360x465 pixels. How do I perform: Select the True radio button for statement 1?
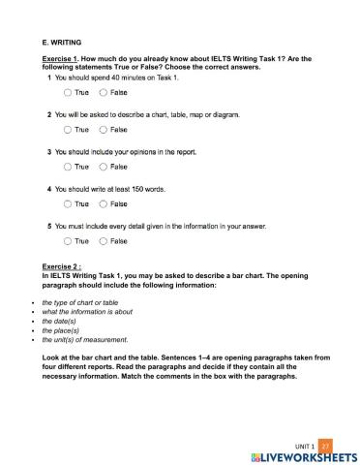(68, 92)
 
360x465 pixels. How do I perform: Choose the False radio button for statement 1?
(104, 92)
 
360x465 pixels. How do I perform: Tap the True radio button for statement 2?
(68, 129)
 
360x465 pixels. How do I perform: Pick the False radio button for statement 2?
(104, 129)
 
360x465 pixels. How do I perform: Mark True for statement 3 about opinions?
(68, 167)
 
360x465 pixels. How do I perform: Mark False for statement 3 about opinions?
(104, 167)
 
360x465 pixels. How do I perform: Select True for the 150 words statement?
(68, 204)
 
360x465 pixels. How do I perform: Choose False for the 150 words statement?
(104, 204)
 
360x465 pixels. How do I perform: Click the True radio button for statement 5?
(68, 241)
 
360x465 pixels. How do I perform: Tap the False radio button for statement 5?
(104, 241)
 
